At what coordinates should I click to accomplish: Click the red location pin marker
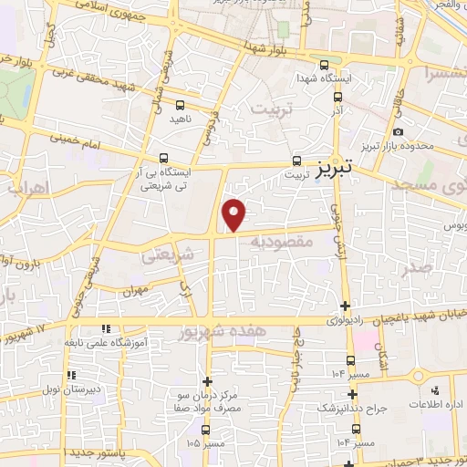pyautogui.click(x=235, y=214)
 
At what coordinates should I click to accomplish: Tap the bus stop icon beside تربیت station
pyautogui.click(x=296, y=160)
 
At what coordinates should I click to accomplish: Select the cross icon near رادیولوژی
pyautogui.click(x=345, y=306)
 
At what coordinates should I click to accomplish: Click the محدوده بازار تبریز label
pyautogui.click(x=410, y=146)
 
